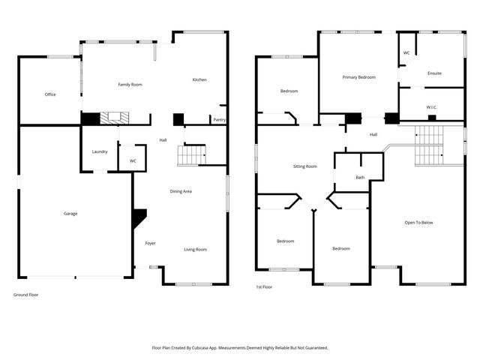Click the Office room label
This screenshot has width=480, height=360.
(x=50, y=94)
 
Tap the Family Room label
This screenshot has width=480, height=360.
(x=130, y=85)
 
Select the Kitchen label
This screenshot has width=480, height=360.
(x=199, y=80)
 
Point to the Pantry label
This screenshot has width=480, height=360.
(x=219, y=120)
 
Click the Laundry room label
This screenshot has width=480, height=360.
(x=100, y=152)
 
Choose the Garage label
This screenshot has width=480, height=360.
(x=70, y=214)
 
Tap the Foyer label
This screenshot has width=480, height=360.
(x=150, y=243)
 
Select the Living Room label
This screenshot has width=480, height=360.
(x=196, y=250)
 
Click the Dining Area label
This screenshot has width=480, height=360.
(x=181, y=192)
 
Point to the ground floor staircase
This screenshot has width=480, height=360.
(x=191, y=155)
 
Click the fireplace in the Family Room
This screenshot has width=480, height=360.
(x=115, y=117)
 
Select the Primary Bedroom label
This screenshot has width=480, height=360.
(x=358, y=77)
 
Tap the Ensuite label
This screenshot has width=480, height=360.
(x=434, y=73)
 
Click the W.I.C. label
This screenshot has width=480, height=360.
(x=432, y=107)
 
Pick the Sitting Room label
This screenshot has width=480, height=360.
(x=304, y=166)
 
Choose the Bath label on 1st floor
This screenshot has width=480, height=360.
(x=360, y=178)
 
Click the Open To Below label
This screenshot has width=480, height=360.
(x=418, y=223)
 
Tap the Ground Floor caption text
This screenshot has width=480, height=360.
(x=25, y=295)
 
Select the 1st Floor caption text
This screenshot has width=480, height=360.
(x=263, y=286)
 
